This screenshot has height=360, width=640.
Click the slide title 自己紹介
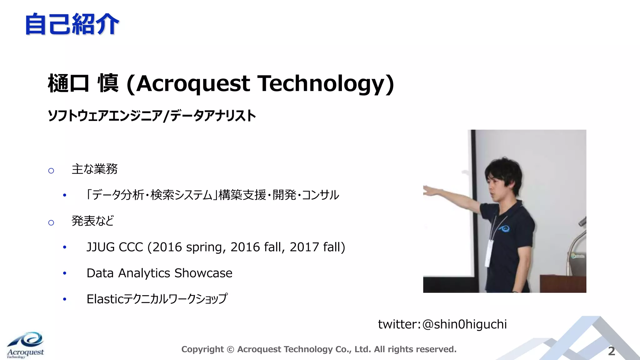coord(72,24)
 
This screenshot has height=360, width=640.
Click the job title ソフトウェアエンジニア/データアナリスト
coord(152,116)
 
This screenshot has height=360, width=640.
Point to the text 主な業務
coord(94,169)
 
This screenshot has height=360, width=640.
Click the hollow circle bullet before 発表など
coord(51,222)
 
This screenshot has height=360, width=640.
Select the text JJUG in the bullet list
coord(101,247)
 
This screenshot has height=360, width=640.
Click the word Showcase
coord(203,273)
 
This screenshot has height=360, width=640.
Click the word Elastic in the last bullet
coord(105,299)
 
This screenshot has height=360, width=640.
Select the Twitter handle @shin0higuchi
coord(464,324)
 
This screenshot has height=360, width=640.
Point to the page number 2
coord(612,351)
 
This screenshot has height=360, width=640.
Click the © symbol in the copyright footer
coord(230,349)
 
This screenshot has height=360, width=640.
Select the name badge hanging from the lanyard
coord(489,253)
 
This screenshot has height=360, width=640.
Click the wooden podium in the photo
coord(562,283)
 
